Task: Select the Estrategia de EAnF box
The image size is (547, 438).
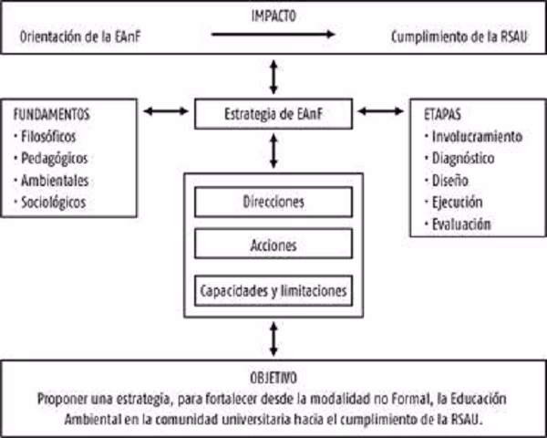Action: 273,114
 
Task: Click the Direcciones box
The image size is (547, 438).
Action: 273,201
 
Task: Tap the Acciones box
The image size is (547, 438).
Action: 273,245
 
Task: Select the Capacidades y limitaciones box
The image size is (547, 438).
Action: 273,289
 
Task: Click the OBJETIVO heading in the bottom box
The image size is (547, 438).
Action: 273,377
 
